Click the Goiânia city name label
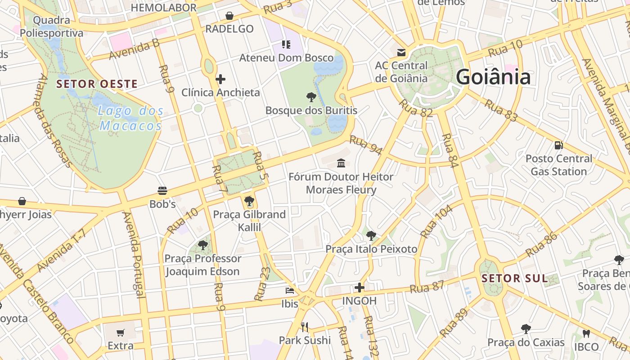(493, 77)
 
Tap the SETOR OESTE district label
(97, 84)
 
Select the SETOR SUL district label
(515, 278)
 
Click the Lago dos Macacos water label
(130, 118)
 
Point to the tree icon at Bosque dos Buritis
(311, 97)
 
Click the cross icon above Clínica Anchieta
(220, 80)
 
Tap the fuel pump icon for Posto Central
(558, 145)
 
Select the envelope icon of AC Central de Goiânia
(401, 53)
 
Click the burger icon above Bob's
(162, 191)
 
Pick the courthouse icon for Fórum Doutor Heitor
(341, 163)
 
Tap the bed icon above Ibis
(290, 291)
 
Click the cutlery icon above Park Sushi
(305, 327)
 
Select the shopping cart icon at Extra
(120, 333)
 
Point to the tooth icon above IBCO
(586, 333)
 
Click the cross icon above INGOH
(359, 287)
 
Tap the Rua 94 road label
(365, 145)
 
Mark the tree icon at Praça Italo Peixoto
(371, 235)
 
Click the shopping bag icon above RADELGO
(229, 16)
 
